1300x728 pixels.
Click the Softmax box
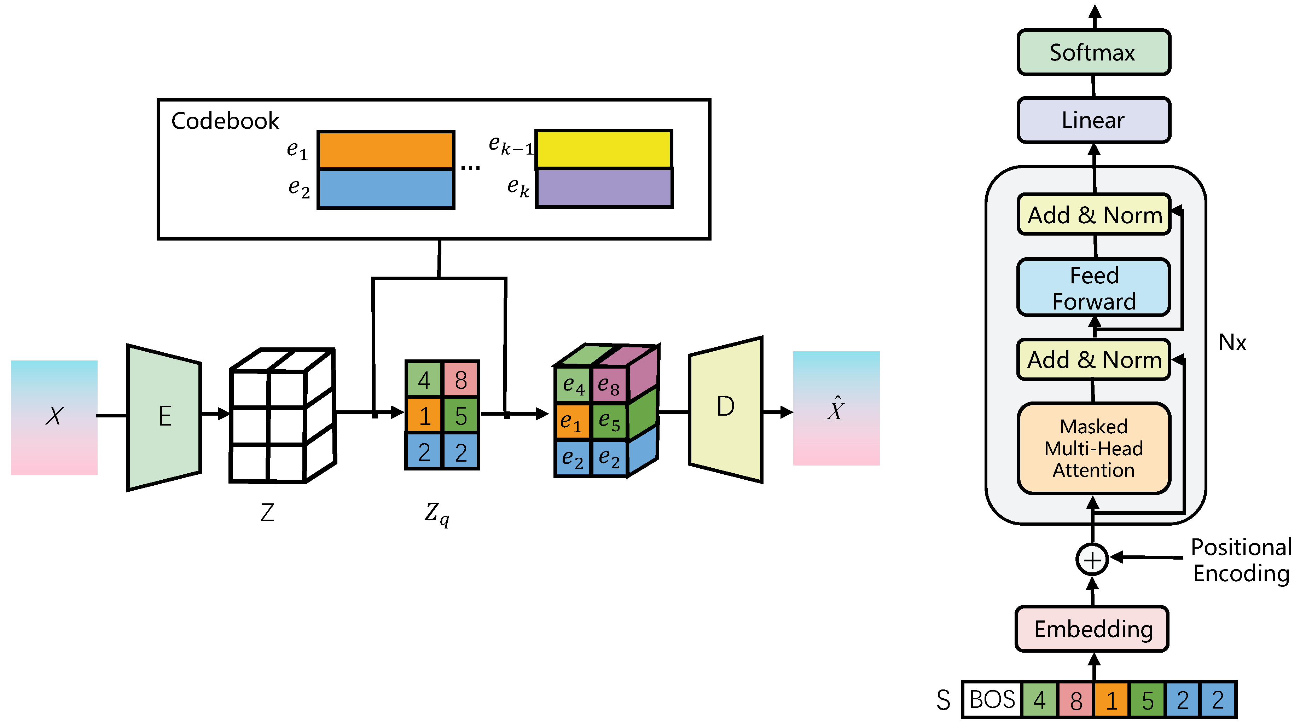[1093, 52]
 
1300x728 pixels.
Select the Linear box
[1093, 120]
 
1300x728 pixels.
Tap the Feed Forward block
[1093, 288]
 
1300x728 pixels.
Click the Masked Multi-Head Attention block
[1093, 448]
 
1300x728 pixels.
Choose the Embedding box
[1092, 629]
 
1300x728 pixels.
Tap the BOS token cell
[992, 700]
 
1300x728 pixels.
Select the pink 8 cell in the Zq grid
[460, 380]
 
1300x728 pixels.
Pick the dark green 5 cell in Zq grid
[460, 416]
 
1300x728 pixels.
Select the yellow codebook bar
[604, 149]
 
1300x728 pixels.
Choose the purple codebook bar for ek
[604, 188]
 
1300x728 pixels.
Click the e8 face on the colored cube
[609, 386]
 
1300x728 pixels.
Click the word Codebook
[225, 121]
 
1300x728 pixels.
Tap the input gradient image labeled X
[54, 417]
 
